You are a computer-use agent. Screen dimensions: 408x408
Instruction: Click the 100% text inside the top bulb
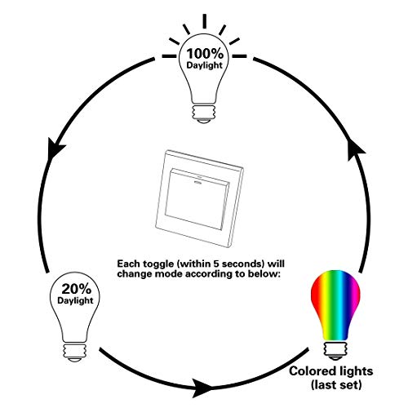pos(205,53)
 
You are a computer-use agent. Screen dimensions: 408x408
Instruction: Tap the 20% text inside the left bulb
pos(76,289)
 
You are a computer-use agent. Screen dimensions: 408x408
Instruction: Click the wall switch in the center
pos(199,198)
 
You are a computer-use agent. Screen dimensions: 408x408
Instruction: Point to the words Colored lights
pos(330,371)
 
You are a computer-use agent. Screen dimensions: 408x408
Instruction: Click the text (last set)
pos(336,385)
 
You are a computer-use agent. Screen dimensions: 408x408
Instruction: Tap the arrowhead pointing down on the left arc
pos(55,149)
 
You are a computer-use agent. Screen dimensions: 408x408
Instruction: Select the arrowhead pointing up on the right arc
pos(357,150)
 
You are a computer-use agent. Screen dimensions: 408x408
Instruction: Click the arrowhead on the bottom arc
pos(202,388)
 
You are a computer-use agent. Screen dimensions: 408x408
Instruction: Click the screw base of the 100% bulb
pos(204,113)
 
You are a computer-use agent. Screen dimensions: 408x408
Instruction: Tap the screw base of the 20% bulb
pos(75,353)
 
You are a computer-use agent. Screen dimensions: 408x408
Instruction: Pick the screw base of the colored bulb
pos(335,351)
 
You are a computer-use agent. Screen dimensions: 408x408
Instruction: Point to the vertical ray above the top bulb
pos(204,21)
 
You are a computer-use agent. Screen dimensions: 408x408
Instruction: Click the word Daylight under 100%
pos(205,65)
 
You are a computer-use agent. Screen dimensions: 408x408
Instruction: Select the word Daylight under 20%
pos(75,301)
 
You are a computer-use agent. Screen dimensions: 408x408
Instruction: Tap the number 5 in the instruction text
pos(215,264)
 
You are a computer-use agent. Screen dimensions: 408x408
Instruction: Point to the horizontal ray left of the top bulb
pos(169,56)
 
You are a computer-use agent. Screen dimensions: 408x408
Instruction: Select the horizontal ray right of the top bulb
pos(239,56)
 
